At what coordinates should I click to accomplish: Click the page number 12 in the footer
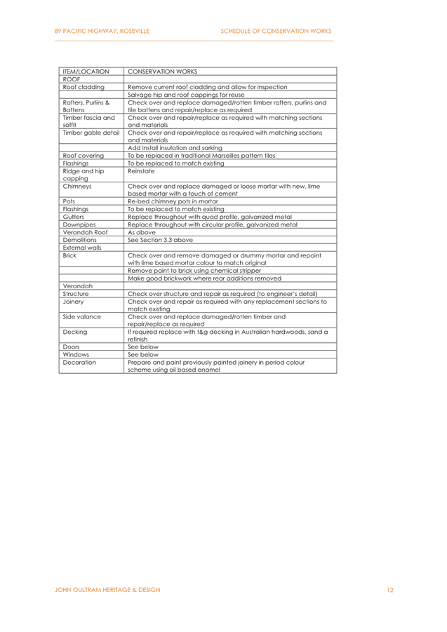[389, 590]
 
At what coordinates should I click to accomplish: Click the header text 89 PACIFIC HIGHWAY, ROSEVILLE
[102, 31]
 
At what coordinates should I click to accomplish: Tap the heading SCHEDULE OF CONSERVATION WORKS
[276, 31]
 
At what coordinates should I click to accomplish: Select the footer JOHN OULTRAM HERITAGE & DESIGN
[107, 590]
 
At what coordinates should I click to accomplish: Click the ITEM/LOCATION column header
[86, 72]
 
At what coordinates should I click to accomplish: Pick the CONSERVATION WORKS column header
[162, 72]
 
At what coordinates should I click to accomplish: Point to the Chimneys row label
[77, 186]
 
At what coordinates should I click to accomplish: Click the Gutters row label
[74, 217]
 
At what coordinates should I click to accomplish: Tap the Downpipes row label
[79, 224]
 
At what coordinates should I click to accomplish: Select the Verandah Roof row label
[85, 232]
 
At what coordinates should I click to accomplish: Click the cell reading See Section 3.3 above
[160, 240]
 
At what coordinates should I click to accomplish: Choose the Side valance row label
[82, 317]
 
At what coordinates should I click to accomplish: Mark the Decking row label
[74, 332]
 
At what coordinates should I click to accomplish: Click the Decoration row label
[79, 363]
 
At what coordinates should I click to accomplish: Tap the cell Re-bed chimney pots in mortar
[173, 201]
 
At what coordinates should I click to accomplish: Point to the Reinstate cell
[141, 171]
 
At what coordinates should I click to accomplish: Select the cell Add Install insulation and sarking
[175, 148]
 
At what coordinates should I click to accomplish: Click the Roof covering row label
[83, 156]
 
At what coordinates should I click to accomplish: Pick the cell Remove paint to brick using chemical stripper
[194, 271]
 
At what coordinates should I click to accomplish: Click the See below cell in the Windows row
[143, 355]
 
